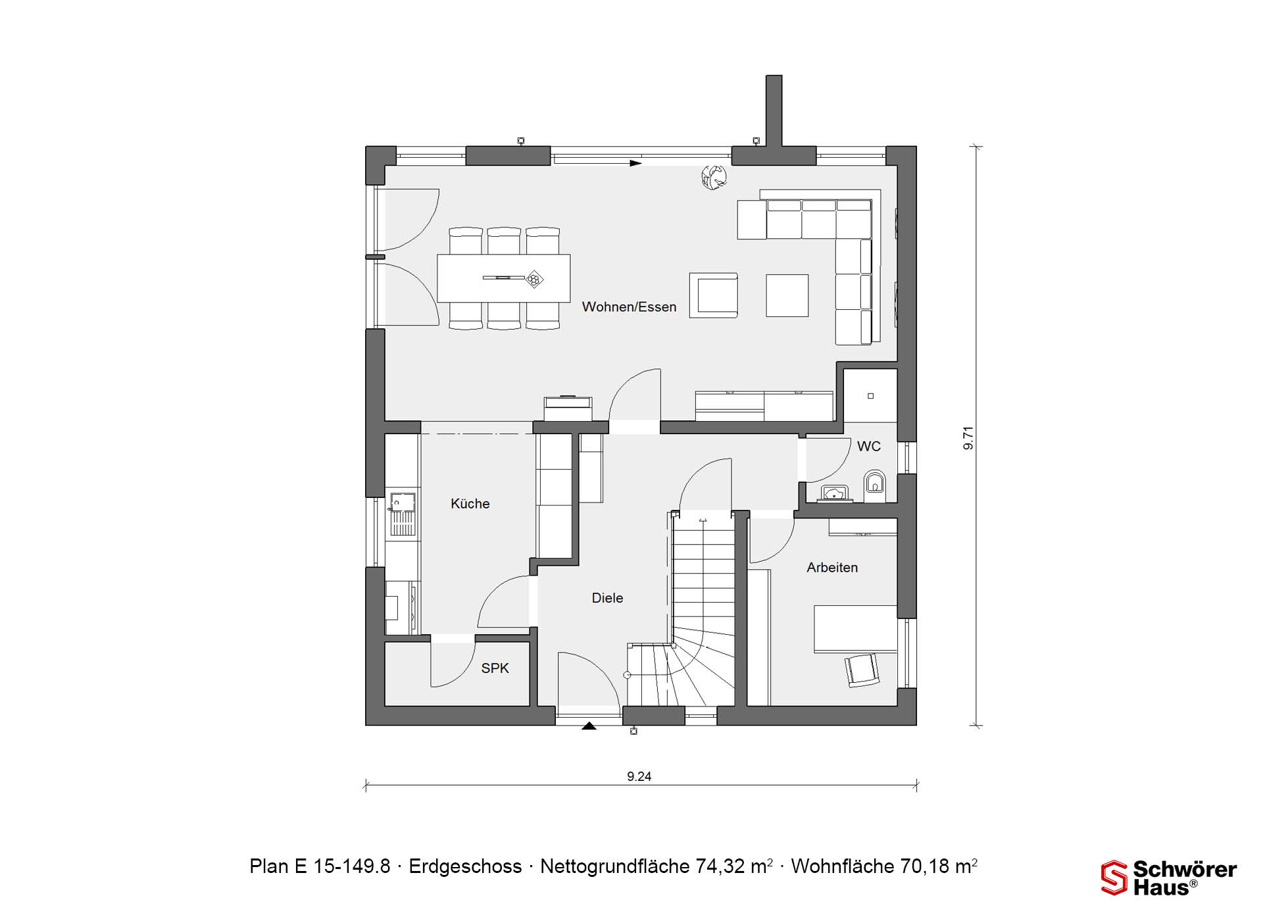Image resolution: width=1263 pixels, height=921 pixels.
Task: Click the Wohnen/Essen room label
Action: pyautogui.click(x=629, y=307)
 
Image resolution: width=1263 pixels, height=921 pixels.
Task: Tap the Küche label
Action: pyautogui.click(x=470, y=504)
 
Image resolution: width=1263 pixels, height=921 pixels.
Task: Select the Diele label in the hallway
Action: pyautogui.click(x=607, y=598)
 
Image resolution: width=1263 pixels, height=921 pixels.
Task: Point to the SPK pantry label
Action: pyautogui.click(x=495, y=668)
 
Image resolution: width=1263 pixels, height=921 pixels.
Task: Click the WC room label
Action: pyautogui.click(x=868, y=447)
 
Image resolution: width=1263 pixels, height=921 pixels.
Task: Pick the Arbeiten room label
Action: pyautogui.click(x=832, y=568)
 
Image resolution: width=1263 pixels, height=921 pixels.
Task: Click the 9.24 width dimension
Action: pyautogui.click(x=639, y=777)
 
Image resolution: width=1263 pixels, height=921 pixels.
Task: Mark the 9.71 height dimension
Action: pyautogui.click(x=968, y=438)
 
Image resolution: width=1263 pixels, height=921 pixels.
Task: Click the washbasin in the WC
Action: pyautogui.click(x=835, y=493)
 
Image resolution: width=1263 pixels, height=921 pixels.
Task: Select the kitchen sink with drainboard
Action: pyautogui.click(x=402, y=514)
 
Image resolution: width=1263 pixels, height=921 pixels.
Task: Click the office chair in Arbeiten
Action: pyautogui.click(x=862, y=670)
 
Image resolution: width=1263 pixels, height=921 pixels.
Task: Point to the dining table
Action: pyautogui.click(x=504, y=278)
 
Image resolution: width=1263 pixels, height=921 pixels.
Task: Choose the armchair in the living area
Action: pyautogui.click(x=714, y=296)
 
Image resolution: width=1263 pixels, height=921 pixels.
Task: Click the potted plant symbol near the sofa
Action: pyautogui.click(x=714, y=177)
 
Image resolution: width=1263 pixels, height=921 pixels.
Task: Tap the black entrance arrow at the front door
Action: pyautogui.click(x=589, y=726)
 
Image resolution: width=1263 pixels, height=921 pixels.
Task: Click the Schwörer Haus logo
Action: pyautogui.click(x=1168, y=878)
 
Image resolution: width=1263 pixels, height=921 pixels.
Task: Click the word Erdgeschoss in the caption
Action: pyautogui.click(x=465, y=866)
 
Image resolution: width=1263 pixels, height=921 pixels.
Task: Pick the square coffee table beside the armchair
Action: pyautogui.click(x=787, y=296)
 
